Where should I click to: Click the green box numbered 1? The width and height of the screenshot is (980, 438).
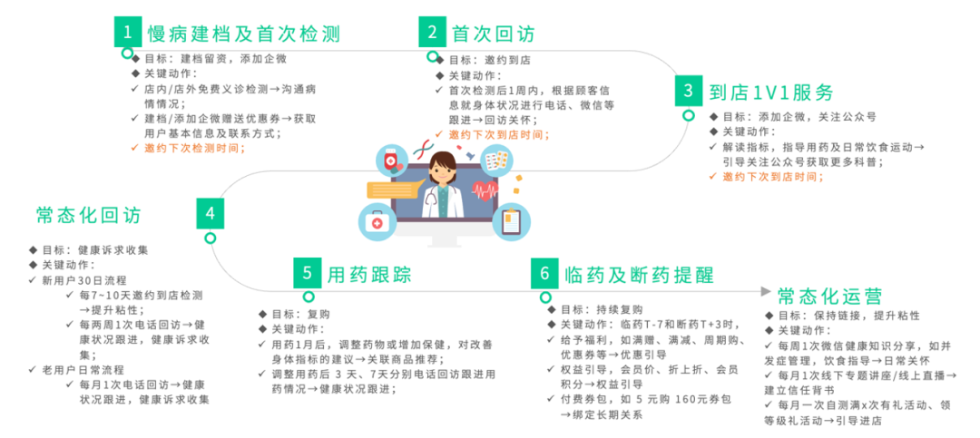129,33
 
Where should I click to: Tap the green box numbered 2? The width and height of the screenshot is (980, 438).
433,33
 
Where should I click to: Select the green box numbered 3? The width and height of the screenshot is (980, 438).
689,91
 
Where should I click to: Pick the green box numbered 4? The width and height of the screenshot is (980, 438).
210,214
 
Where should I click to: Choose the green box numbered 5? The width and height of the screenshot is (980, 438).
308,272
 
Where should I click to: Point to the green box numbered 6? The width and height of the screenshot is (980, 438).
544,272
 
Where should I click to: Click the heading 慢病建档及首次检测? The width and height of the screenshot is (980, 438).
243,34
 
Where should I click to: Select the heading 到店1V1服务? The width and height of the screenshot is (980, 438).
770,92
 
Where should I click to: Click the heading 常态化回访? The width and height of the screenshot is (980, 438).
89,215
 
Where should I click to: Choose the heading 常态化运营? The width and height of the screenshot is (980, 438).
829,297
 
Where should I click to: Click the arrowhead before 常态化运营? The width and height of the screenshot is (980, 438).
765,293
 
